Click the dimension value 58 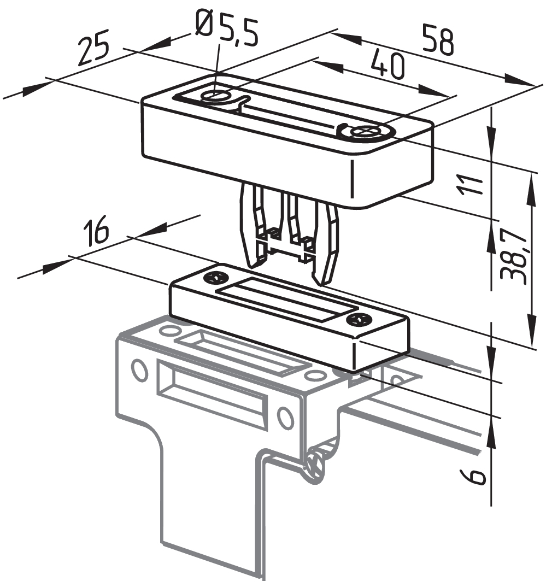[438, 39]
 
